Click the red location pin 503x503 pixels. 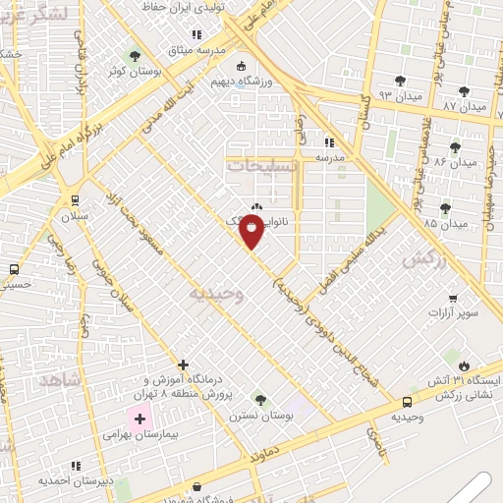pos(252,230)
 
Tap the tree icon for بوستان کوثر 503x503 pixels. pos(135,55)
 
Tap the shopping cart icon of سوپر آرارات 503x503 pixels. pos(452,298)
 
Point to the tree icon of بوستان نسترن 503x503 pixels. pos(259,400)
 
